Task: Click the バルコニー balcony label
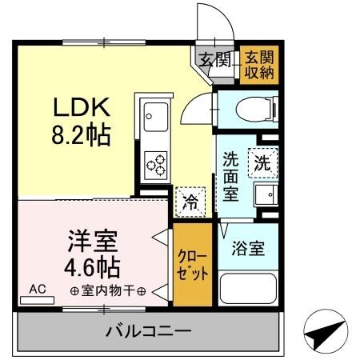149,330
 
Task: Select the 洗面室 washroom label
230,175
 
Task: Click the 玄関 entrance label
214,58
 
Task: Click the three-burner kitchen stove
155,164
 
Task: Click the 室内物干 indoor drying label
107,290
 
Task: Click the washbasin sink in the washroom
262,194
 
